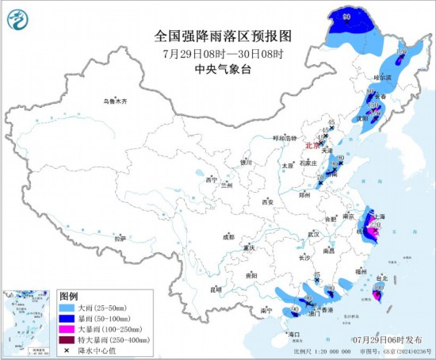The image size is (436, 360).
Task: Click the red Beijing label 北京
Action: (312, 145)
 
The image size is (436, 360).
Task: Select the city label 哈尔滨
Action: (383, 78)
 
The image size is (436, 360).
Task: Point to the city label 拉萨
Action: (120, 238)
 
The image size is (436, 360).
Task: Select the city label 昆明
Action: (216, 289)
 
